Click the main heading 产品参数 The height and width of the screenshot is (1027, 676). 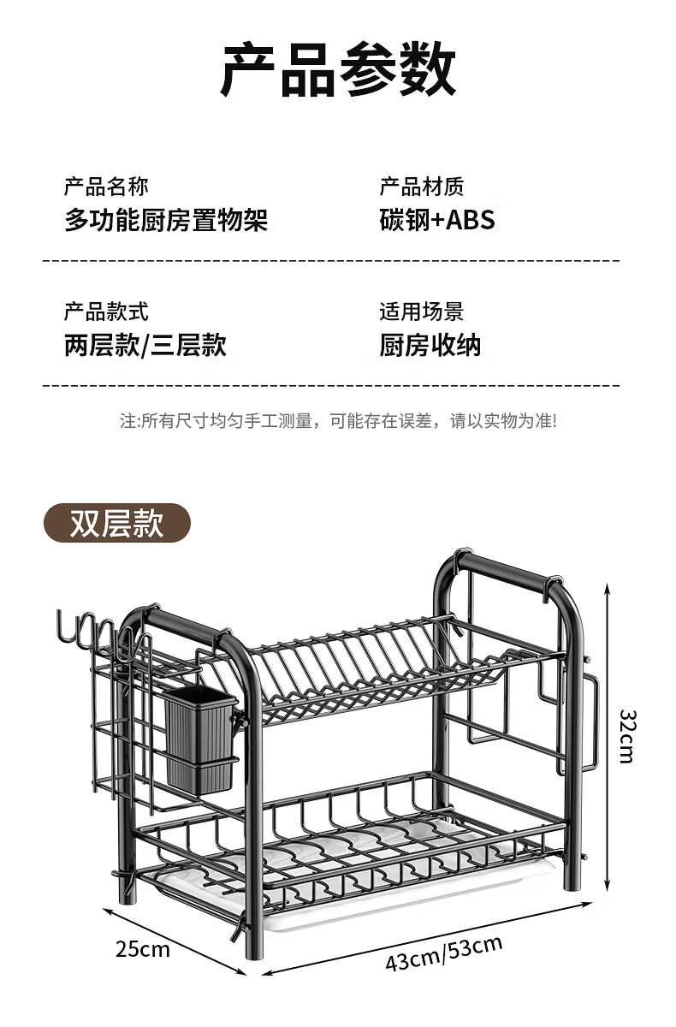tap(338, 70)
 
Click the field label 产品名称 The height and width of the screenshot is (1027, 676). tap(106, 186)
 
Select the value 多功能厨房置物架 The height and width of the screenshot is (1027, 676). tap(166, 220)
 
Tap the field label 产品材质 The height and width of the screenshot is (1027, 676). tap(422, 186)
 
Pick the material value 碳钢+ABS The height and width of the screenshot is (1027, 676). tap(437, 220)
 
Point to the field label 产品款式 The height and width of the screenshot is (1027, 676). tap(106, 312)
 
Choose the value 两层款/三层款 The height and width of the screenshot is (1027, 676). tap(145, 346)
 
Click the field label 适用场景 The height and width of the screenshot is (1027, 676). tap(422, 312)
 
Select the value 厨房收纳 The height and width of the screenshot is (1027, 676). tap(430, 346)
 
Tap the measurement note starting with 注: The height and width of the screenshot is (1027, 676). tap(338, 421)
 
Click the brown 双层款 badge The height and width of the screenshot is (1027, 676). tap(117, 523)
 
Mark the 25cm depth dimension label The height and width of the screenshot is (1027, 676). tap(143, 949)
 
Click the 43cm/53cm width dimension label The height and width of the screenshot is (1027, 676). tap(443, 952)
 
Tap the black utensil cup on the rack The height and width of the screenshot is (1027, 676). tap(199, 738)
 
